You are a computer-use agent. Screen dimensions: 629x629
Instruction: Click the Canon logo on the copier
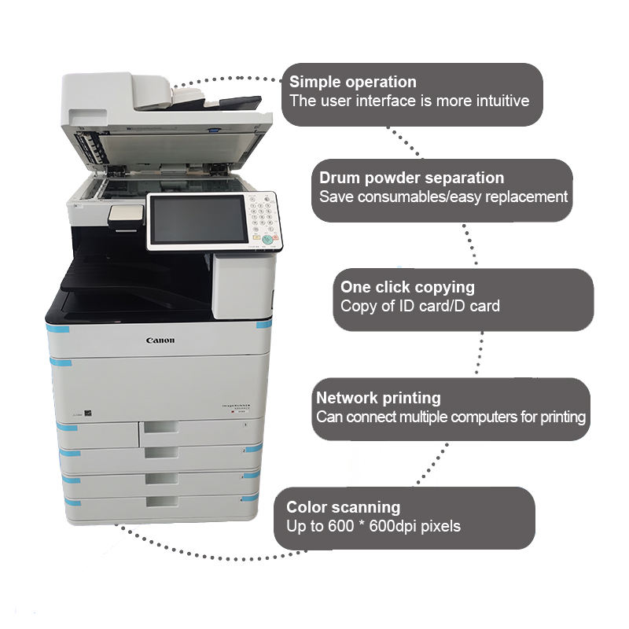pos(160,340)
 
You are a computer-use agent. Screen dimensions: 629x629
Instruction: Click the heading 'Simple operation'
pos(353,82)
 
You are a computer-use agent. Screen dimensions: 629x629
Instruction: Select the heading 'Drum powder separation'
pos(411,178)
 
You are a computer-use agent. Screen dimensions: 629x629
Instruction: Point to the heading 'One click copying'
pos(407,287)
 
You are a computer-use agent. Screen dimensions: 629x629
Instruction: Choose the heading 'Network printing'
pos(378,398)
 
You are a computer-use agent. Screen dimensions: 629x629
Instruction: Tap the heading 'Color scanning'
pos(343,507)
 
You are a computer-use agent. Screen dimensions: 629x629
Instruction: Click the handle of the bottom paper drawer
pos(162,501)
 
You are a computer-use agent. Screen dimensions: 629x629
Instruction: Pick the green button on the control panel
pos(267,239)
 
